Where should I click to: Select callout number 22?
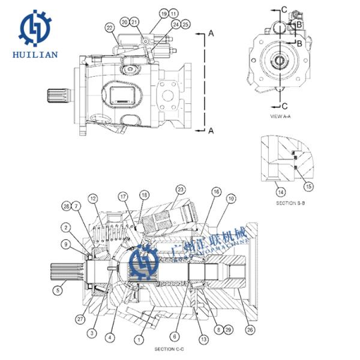[x=109, y=27]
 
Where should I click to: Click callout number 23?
[x=179, y=189]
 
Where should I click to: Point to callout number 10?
[x=231, y=197]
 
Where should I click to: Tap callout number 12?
[x=93, y=197]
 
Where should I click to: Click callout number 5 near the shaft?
[x=58, y=290]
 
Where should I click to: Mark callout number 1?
[x=139, y=339]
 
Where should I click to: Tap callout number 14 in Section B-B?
[x=280, y=191]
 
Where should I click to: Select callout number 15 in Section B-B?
[x=309, y=187]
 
